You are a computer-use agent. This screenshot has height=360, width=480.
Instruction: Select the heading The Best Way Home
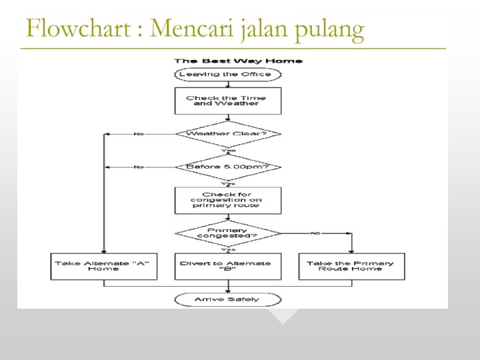pyautogui.click(x=229, y=61)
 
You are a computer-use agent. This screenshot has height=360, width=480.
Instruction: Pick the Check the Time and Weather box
pyautogui.click(x=228, y=101)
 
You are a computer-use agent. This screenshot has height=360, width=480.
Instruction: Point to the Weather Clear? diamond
pyautogui.click(x=228, y=134)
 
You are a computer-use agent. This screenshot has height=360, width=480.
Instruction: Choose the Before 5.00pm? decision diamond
pyautogui.click(x=228, y=167)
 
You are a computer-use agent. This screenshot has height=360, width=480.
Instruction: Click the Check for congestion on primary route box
pyautogui.click(x=228, y=200)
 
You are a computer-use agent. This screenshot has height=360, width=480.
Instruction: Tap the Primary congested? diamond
pyautogui.click(x=228, y=233)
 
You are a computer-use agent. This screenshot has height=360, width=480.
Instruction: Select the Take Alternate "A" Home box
pyautogui.click(x=104, y=266)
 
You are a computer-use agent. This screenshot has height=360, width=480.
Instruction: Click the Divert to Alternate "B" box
pyautogui.click(x=228, y=266)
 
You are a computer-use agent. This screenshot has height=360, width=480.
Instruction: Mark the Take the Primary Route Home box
pyautogui.click(x=351, y=266)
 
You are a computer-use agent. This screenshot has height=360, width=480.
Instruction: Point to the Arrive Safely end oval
pyautogui.click(x=228, y=299)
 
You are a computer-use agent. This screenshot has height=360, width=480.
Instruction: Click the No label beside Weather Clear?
pyautogui.click(x=139, y=134)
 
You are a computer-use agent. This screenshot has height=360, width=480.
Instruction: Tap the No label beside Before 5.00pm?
pyautogui.click(x=139, y=167)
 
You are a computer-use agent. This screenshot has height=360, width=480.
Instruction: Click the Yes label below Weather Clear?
pyautogui.click(x=228, y=151)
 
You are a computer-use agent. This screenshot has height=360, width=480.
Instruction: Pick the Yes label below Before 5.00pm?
pyautogui.click(x=228, y=183)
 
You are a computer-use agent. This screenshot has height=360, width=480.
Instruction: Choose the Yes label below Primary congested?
pyautogui.click(x=228, y=249)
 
